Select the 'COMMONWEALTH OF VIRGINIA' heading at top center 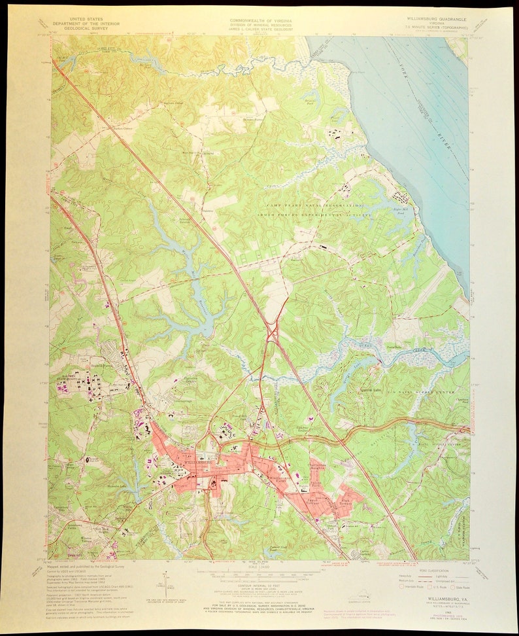(259, 20)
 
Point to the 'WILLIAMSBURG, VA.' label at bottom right (440, 587)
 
